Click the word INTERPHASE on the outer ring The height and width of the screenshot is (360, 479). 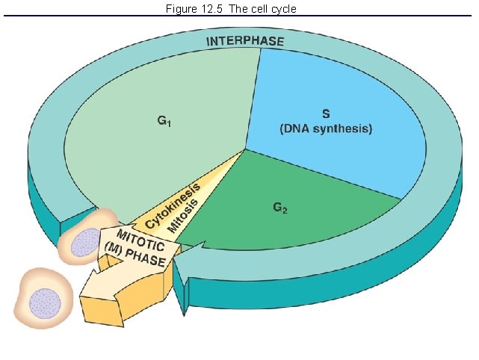coord(245,40)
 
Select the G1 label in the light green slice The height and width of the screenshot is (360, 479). coord(164,122)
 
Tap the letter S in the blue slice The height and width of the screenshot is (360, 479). coord(325,114)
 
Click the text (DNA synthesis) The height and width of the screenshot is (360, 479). coord(325,128)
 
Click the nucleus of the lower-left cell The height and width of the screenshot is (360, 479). coord(42,302)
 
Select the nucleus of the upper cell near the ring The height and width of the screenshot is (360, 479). coord(84,243)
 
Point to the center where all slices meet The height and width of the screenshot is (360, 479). coord(245,149)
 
